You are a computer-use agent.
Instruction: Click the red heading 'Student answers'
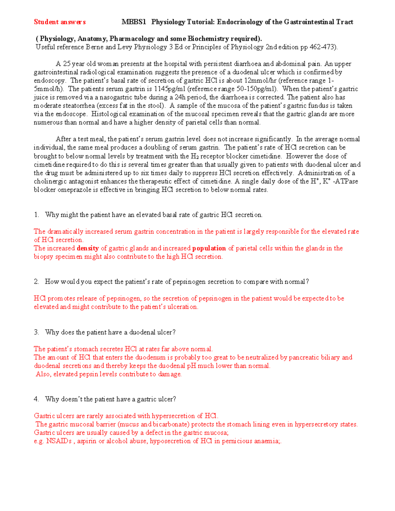[x=60, y=22]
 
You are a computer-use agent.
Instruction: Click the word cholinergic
[x=50, y=181]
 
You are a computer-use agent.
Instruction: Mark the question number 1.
[x=36, y=215]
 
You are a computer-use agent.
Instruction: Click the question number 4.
[x=36, y=399]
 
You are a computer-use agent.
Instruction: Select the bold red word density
[x=88, y=248]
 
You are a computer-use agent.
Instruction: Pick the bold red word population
[x=209, y=248]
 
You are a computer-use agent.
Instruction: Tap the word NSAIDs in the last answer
[x=59, y=441]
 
